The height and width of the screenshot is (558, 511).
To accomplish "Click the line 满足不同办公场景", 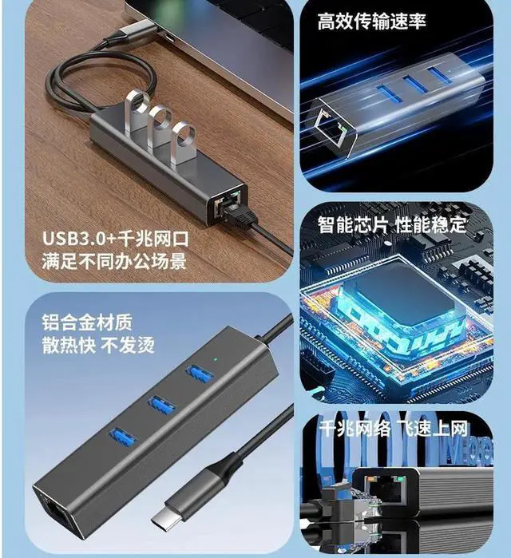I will pos(114,261).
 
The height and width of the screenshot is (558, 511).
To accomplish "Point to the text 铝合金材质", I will pos(87,324).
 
